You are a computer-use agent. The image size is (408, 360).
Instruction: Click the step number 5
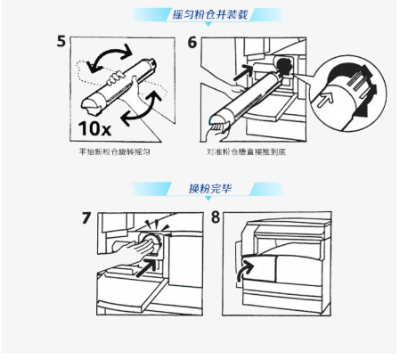(61, 41)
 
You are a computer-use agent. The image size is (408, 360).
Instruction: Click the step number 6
(192, 42)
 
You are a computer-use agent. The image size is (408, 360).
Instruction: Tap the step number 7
(86, 217)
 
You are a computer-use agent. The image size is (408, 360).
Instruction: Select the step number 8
(216, 217)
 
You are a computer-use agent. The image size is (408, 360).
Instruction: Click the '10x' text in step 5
(94, 128)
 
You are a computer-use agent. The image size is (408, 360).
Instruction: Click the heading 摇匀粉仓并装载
(209, 14)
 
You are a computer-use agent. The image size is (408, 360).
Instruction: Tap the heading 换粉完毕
(210, 188)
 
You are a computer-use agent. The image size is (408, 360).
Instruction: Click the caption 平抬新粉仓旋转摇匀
(114, 152)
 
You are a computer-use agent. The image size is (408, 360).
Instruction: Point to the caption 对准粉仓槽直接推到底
(246, 152)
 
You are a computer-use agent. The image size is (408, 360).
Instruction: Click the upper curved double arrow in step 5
(110, 53)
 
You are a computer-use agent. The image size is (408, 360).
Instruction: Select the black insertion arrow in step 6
(243, 73)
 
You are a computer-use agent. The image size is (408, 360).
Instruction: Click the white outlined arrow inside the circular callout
(324, 99)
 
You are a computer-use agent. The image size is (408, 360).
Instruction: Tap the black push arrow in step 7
(147, 267)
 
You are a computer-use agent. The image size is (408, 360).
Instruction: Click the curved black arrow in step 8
(246, 271)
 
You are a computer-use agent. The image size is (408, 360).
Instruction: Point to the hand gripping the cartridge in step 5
(115, 78)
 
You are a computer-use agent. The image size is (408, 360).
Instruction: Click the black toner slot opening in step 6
(284, 67)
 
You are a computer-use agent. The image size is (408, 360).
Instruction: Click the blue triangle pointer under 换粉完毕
(208, 198)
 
